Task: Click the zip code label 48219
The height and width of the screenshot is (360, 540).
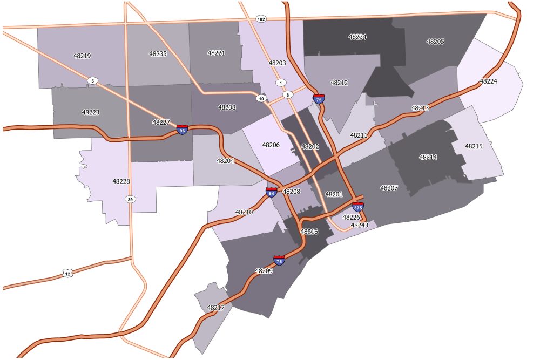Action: click(82, 56)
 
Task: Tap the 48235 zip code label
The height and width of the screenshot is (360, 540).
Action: click(158, 53)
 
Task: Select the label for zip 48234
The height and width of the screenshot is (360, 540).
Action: click(357, 37)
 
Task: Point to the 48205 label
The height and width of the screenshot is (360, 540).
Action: click(435, 42)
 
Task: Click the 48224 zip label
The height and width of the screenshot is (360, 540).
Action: click(488, 81)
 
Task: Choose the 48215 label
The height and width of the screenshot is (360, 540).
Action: click(474, 146)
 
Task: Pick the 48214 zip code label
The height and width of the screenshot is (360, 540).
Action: click(428, 157)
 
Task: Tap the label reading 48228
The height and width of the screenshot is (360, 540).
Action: click(121, 181)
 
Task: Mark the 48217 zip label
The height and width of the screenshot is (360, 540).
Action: click(215, 308)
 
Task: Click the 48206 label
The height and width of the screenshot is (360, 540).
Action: click(271, 145)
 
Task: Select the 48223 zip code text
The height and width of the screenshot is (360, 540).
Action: click(90, 112)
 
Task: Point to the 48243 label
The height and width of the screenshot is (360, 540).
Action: click(359, 225)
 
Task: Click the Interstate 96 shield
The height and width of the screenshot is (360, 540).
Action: click(183, 130)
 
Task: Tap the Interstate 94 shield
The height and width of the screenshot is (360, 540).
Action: click(272, 192)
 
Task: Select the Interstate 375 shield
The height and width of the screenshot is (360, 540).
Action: click(358, 207)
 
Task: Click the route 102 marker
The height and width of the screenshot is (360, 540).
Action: click(261, 19)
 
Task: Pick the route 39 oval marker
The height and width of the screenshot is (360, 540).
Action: click(130, 200)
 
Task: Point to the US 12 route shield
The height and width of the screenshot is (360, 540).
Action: click(67, 274)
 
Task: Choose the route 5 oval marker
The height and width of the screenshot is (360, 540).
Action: click(93, 81)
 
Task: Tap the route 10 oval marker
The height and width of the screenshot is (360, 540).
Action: click(261, 98)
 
